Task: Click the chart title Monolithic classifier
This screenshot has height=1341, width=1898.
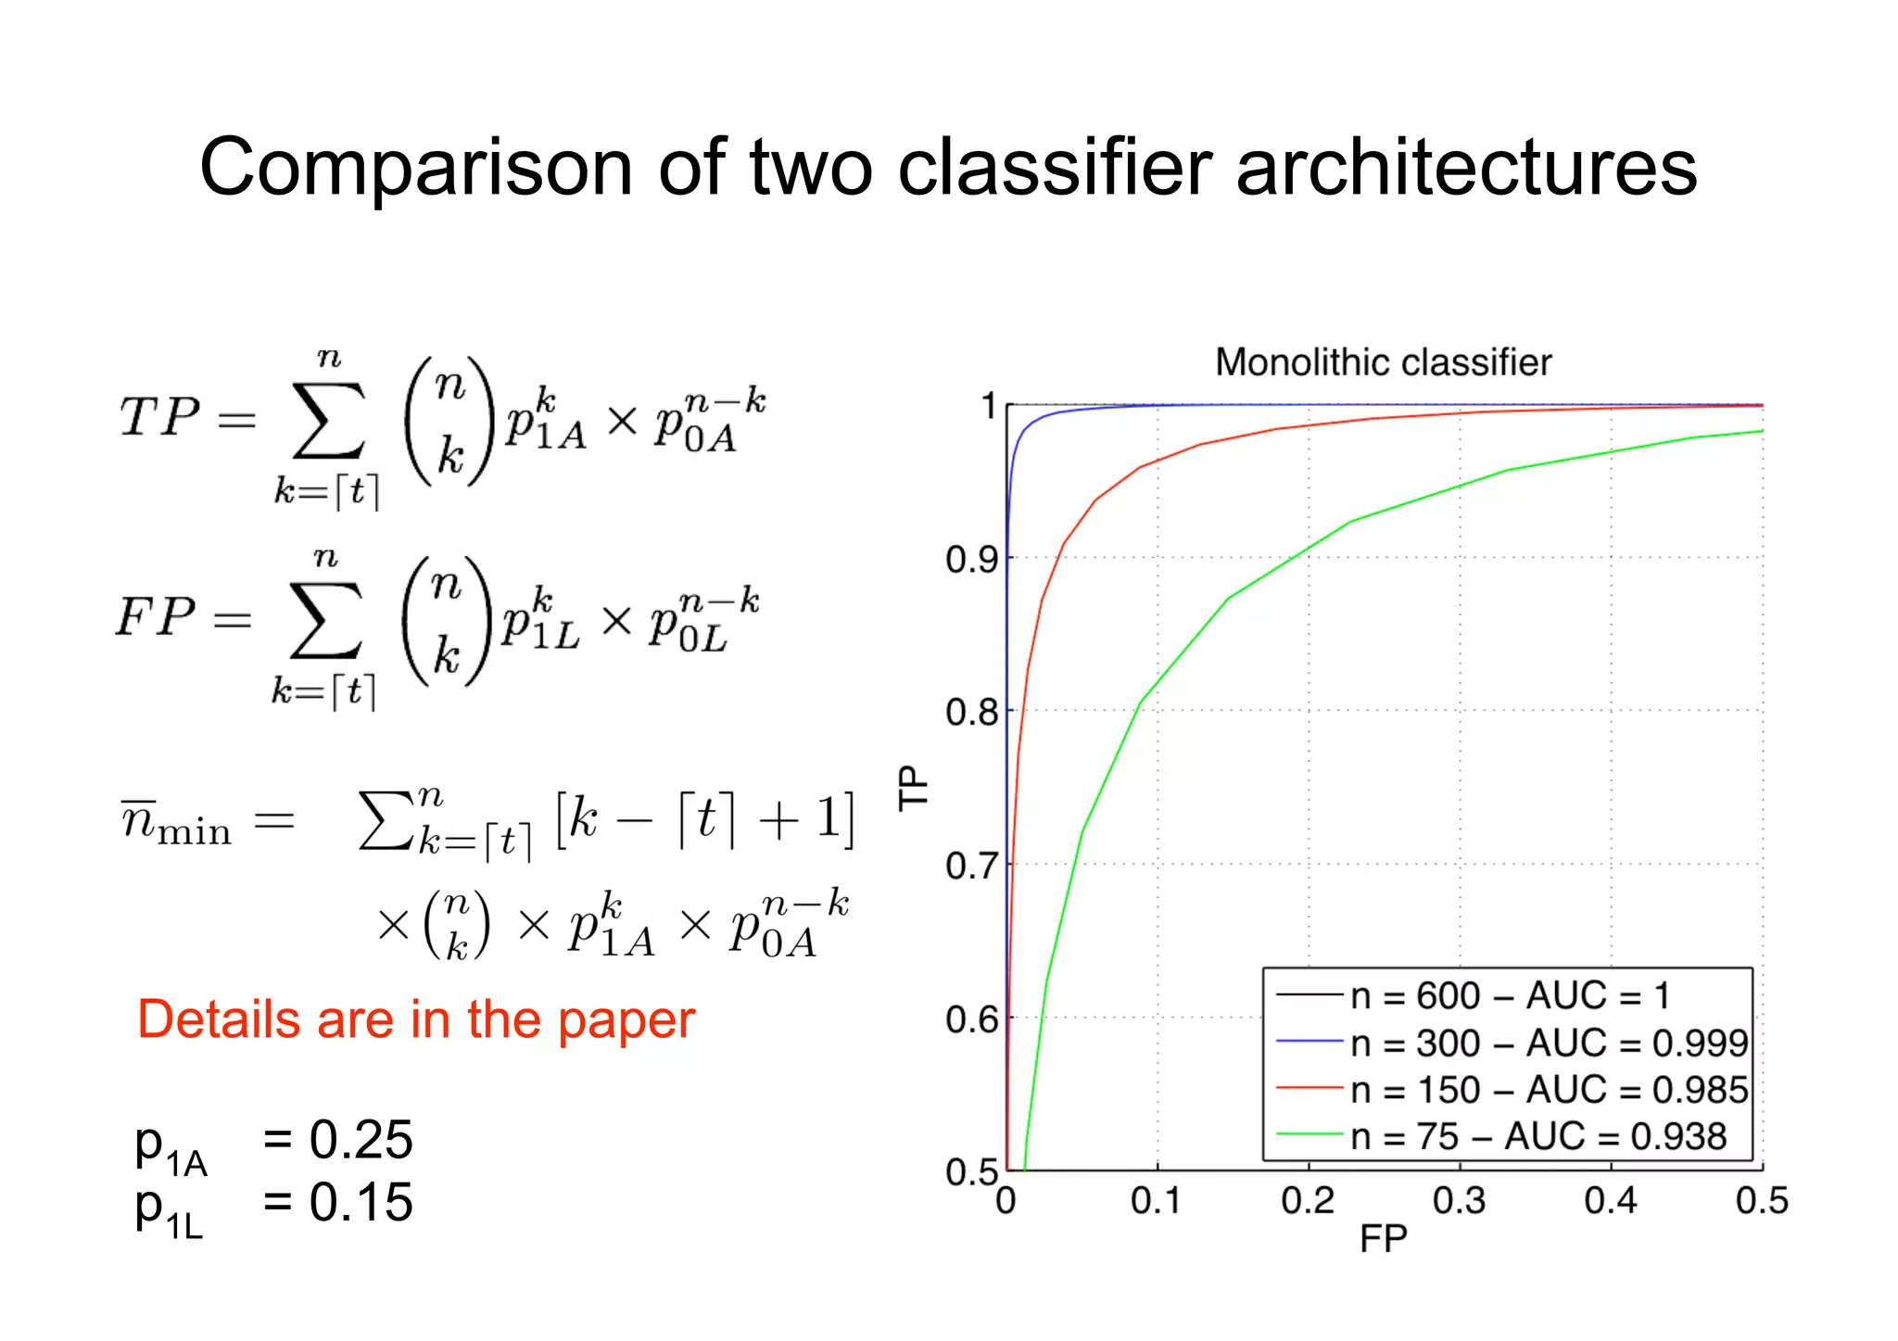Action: [x=1383, y=362]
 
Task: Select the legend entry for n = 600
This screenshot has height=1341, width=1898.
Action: [x=1510, y=996]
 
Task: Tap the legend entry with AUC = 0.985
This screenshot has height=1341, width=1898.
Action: [x=1548, y=1091]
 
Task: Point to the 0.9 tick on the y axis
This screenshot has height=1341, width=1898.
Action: [x=971, y=560]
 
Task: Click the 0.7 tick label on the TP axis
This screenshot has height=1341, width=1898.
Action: [x=971, y=867]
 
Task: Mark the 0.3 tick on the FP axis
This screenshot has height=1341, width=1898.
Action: [x=1459, y=1201]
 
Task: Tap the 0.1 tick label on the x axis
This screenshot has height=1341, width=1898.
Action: [x=1156, y=1201]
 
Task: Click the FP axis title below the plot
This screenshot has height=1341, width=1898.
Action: [x=1383, y=1239]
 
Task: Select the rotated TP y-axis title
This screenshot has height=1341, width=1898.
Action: [x=914, y=788]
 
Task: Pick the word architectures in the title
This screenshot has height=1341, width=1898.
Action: [x=1466, y=168]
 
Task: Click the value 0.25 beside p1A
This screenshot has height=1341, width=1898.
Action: [x=361, y=1140]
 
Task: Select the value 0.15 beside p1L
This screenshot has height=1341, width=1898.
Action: [x=361, y=1203]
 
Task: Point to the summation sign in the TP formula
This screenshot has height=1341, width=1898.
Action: [x=328, y=422]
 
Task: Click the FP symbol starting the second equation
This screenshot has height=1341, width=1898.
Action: [x=156, y=616]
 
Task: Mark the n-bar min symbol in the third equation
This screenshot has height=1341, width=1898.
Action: [x=176, y=821]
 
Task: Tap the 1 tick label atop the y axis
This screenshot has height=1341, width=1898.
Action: [x=988, y=406]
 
